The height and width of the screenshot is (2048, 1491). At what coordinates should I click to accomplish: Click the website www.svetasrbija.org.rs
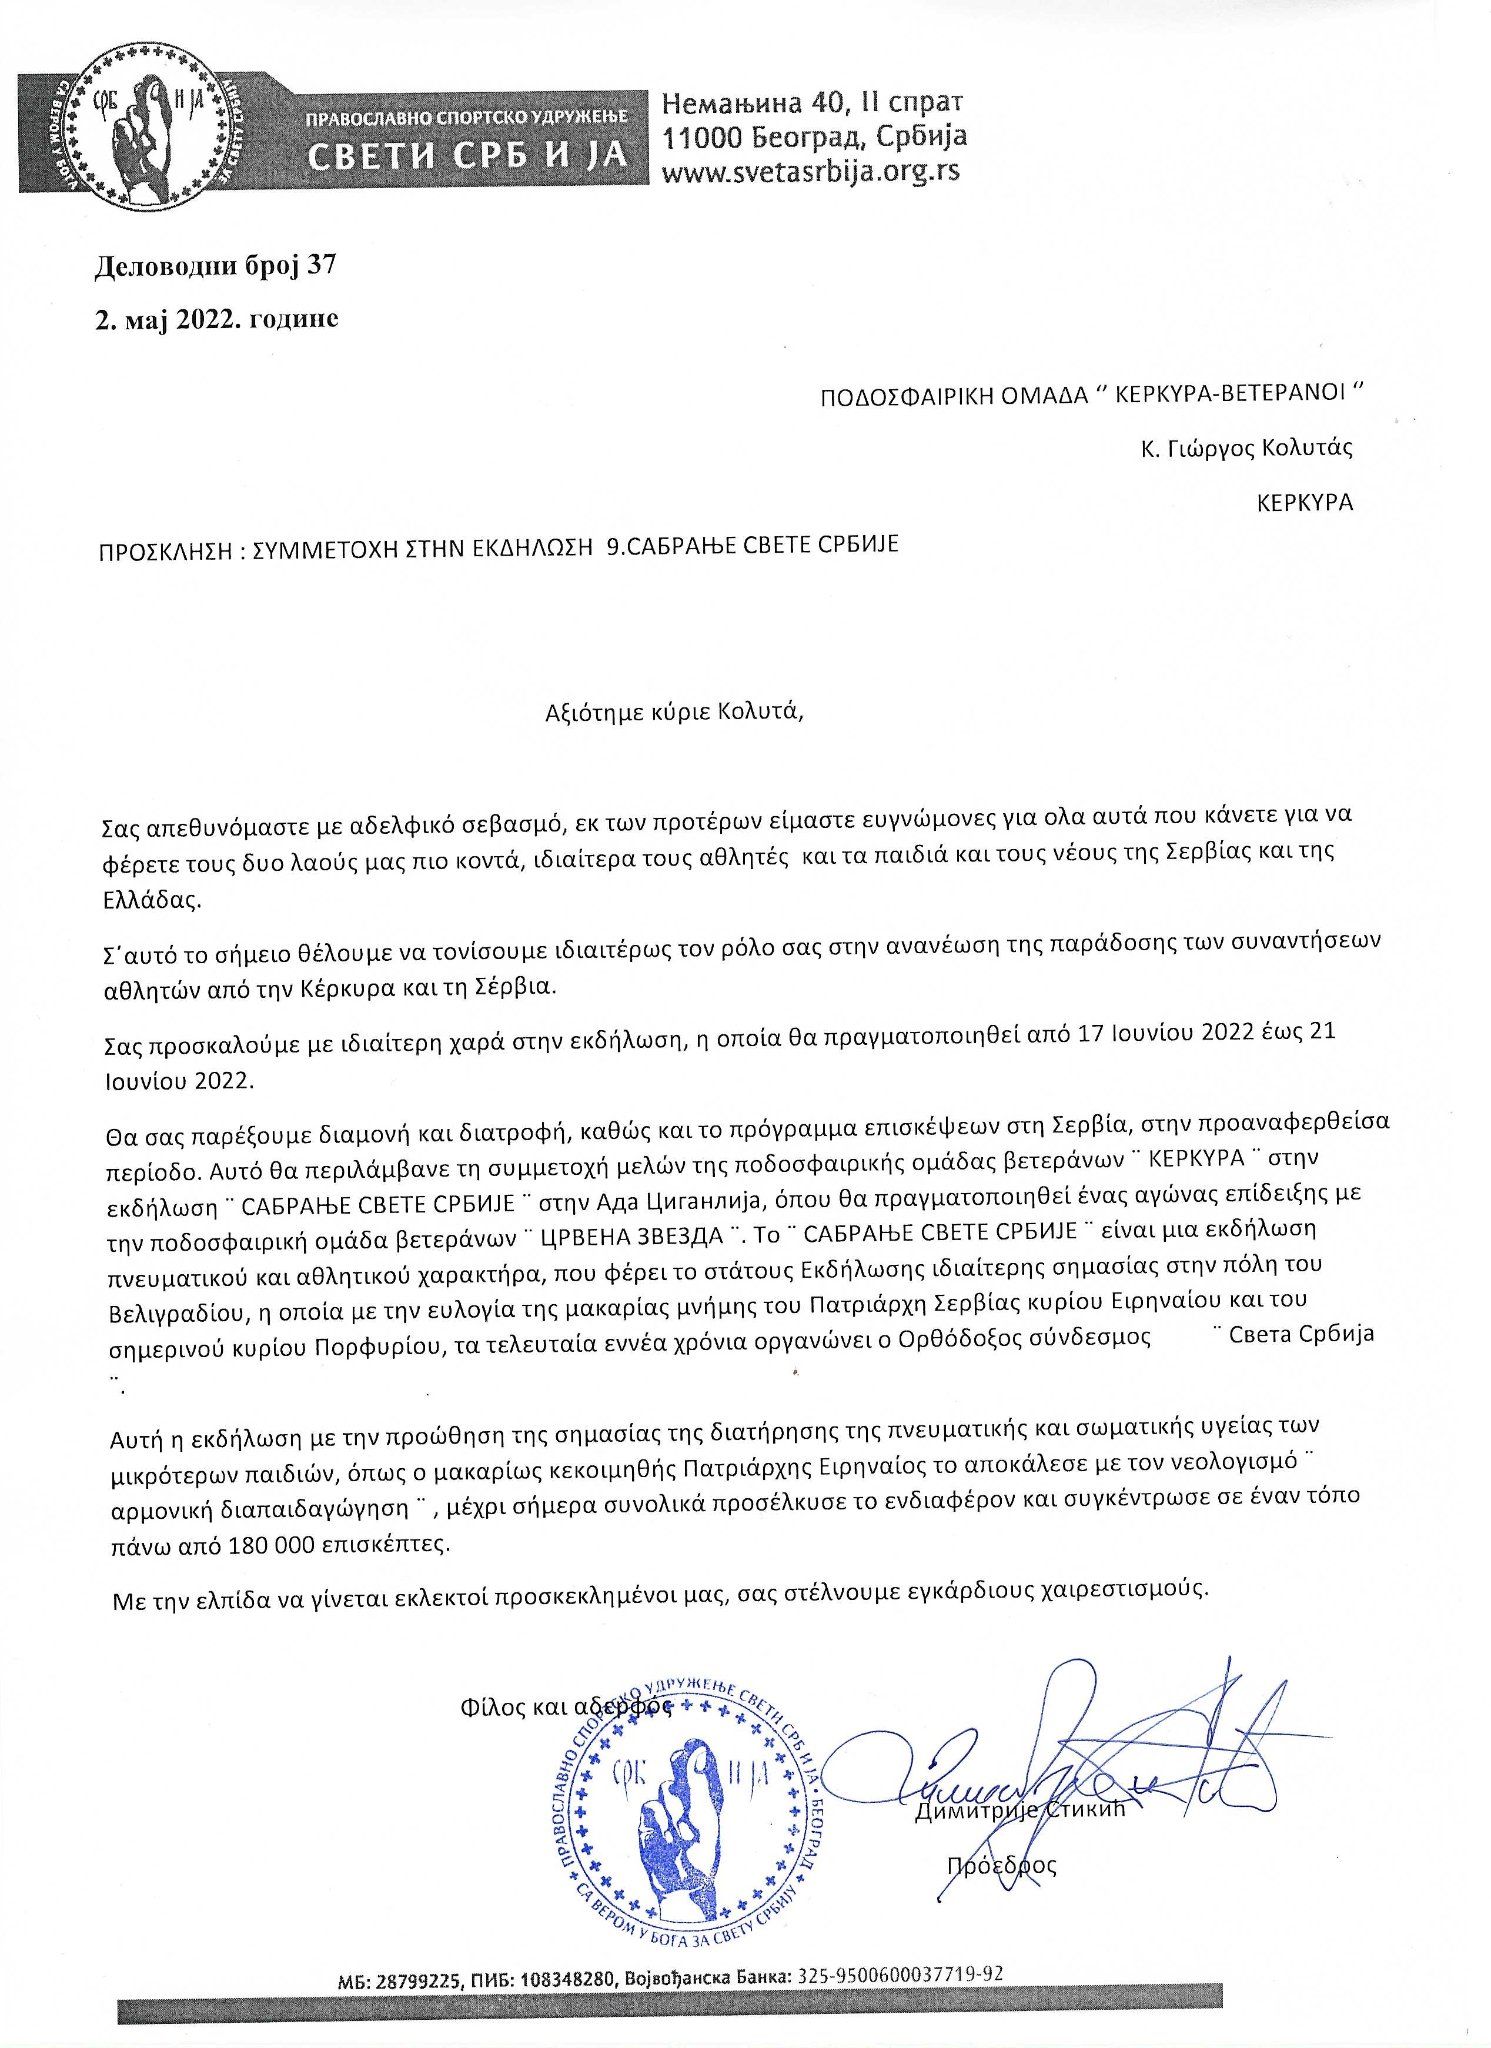810,171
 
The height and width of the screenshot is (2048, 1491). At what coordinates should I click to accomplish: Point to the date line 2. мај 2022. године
217,319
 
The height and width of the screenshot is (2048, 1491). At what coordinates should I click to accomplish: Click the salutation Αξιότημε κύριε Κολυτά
674,712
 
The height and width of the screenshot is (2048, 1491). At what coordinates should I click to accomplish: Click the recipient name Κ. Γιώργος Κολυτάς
1246,448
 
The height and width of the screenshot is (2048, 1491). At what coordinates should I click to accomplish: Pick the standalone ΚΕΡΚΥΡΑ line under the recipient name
1304,502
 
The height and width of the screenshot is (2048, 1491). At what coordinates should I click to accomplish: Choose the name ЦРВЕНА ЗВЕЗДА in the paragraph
631,1235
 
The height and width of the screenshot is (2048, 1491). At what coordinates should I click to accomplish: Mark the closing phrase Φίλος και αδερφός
565,1707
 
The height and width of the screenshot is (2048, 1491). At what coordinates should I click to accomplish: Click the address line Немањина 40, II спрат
812,102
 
